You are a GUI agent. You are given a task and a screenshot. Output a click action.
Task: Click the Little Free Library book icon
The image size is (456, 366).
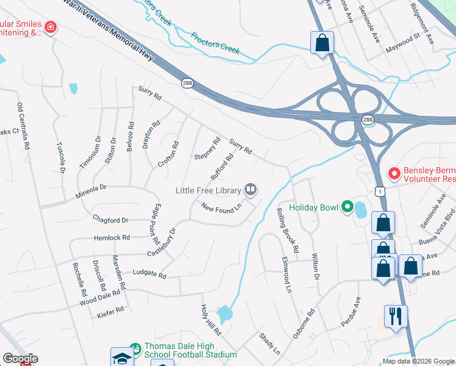tap(250, 190)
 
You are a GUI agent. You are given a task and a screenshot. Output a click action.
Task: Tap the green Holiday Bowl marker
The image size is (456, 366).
tap(347, 207)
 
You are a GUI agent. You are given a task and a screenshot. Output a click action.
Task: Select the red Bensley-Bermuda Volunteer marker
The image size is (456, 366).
tap(393, 174)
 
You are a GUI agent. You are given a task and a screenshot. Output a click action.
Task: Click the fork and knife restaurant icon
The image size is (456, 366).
tap(396, 317)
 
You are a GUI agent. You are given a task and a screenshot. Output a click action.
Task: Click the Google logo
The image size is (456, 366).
tap(20, 359)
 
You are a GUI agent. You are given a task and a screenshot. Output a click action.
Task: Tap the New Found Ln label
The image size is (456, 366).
tap(221, 209)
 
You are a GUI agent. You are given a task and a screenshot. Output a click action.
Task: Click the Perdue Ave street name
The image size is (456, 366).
tap(353, 310)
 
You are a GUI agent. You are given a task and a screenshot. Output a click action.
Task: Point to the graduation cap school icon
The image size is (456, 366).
tap(122, 357)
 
